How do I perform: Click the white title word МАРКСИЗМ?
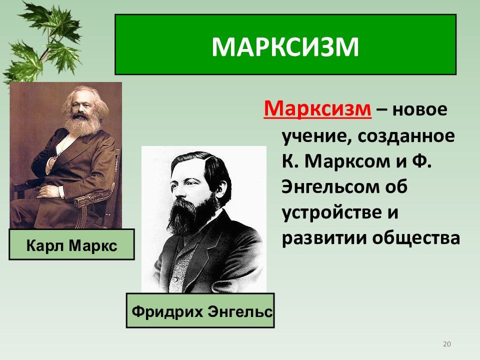285,47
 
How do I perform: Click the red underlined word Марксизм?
317,108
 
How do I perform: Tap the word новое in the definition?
420,109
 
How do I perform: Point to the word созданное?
406,136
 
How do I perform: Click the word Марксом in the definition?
348,161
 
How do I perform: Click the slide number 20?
447,344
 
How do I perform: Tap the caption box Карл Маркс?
71,244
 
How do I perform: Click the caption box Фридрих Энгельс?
200,310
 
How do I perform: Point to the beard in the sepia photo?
82,124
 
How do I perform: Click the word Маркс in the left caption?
93,245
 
